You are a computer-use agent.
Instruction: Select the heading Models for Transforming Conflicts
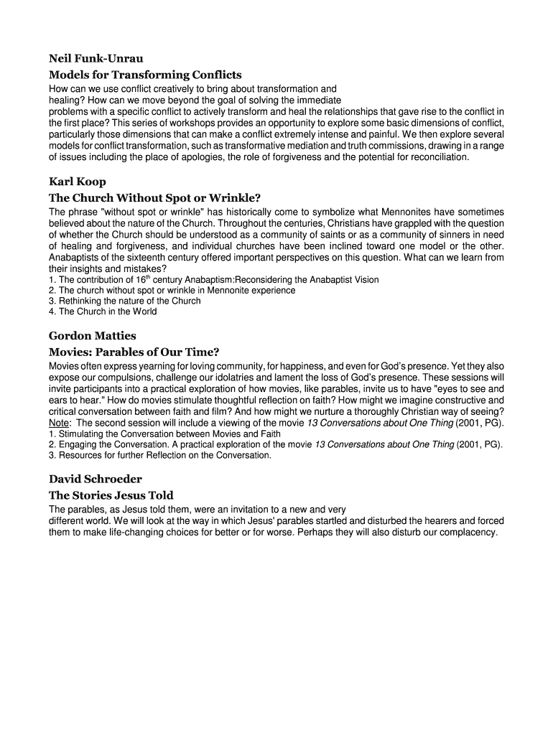click(145, 75)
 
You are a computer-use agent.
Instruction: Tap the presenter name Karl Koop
click(77, 182)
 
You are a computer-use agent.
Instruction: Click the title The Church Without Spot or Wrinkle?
click(154, 197)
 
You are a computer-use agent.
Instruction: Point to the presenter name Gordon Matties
click(92, 336)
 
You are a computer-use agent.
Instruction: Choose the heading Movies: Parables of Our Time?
click(134, 352)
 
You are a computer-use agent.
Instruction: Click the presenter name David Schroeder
click(96, 479)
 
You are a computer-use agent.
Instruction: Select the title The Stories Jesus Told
click(111, 495)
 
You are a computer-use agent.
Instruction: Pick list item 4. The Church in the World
click(103, 312)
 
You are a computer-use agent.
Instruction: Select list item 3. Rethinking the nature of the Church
click(125, 301)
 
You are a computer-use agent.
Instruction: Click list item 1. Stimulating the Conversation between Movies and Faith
click(164, 434)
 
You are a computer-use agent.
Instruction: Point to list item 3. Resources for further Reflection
click(160, 455)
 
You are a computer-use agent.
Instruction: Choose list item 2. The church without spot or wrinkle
click(172, 291)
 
